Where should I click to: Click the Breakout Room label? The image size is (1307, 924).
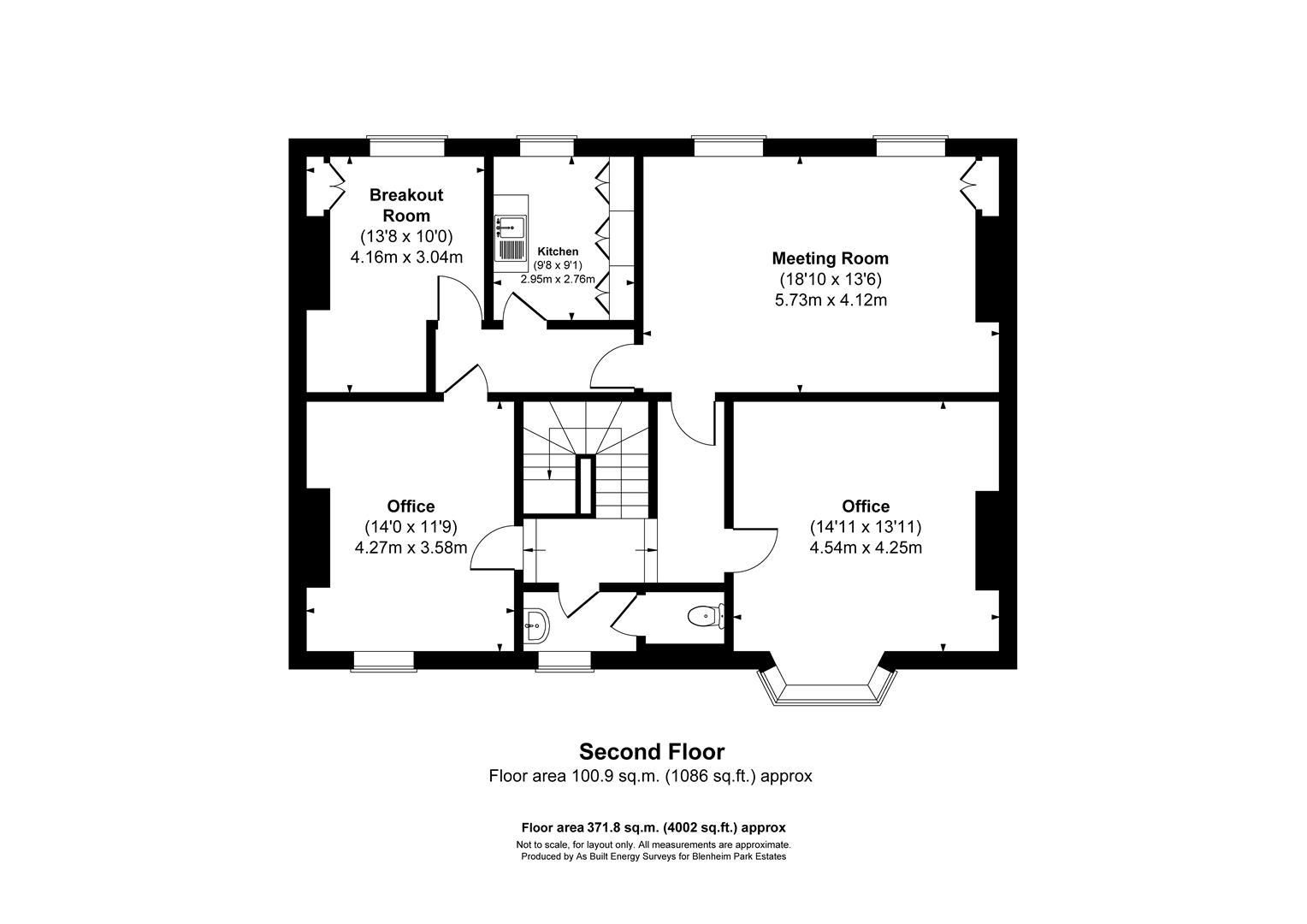pyautogui.click(x=406, y=205)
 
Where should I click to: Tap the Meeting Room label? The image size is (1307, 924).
pyautogui.click(x=830, y=258)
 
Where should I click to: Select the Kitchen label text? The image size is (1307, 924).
pyautogui.click(x=558, y=252)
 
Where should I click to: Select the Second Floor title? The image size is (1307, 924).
pyautogui.click(x=652, y=752)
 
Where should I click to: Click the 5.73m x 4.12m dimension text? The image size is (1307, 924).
pyautogui.click(x=830, y=300)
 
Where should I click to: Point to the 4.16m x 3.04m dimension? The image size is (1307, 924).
pyautogui.click(x=406, y=257)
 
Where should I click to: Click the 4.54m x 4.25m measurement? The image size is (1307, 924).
pyautogui.click(x=866, y=548)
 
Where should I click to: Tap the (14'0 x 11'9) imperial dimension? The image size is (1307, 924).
pyautogui.click(x=411, y=527)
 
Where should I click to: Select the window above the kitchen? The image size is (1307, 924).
pyautogui.click(x=547, y=146)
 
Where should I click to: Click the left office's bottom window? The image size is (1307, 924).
pyautogui.click(x=383, y=660)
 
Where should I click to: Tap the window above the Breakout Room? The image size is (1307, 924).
pyautogui.click(x=407, y=146)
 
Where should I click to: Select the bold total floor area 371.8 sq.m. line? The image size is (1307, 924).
pyautogui.click(x=653, y=827)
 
